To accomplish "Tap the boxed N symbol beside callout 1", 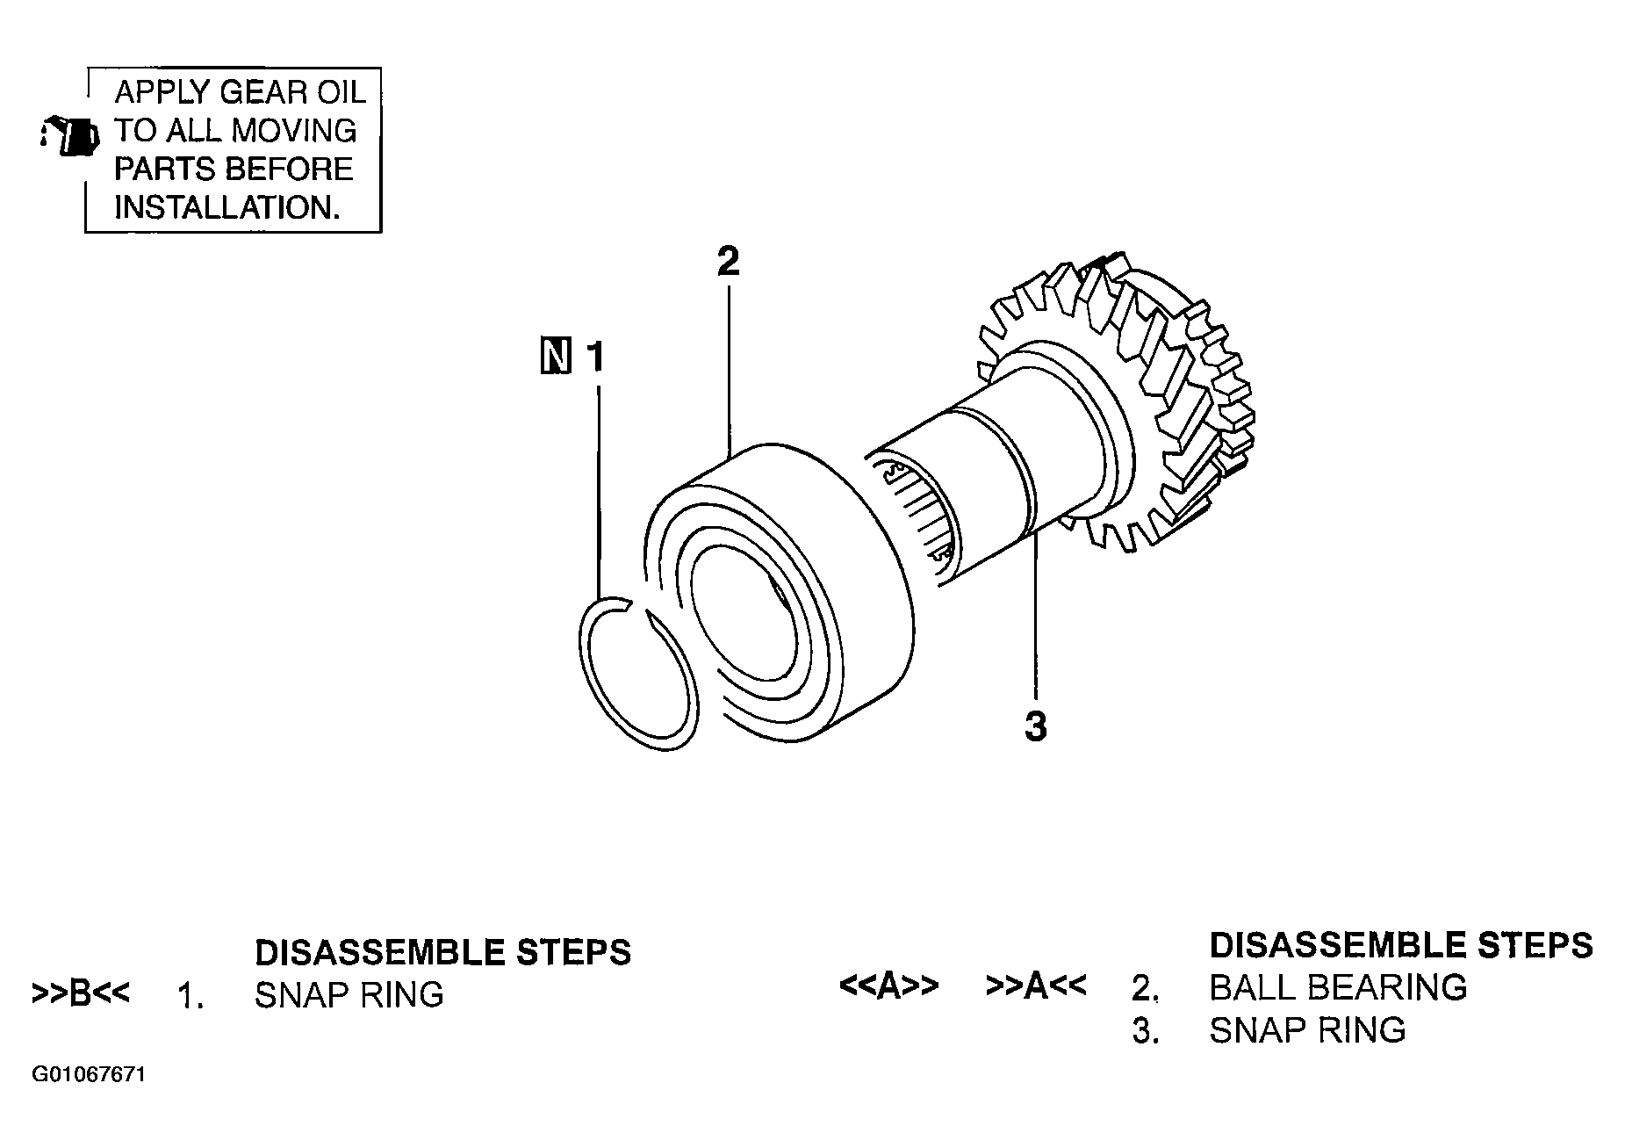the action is point(555,356).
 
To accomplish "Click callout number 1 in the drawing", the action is point(596,357).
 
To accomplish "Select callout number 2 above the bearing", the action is point(728,261).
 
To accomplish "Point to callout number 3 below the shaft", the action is point(1036,726).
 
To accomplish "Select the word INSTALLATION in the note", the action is point(226,208).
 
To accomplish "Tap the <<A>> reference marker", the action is point(889,986).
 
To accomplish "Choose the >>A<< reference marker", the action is point(1036,986).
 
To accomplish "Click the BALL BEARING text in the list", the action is point(1338,987).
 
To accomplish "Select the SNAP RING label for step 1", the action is point(349,994).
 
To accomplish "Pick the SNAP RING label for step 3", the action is point(1307,1029).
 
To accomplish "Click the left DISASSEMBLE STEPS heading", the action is point(442,952).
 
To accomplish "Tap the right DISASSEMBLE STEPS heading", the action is point(1401,945).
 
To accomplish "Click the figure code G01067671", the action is point(88,1075).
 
